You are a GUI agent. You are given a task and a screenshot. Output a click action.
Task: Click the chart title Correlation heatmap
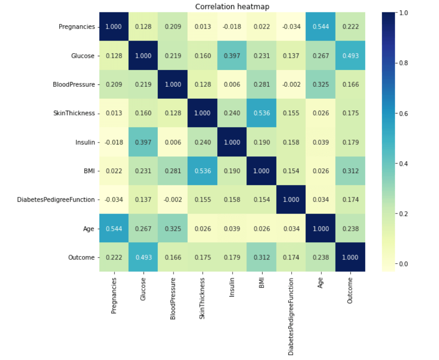[x=232, y=7]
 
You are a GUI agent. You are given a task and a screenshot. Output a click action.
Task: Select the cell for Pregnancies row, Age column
[x=321, y=26]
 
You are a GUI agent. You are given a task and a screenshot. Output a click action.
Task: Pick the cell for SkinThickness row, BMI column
[x=262, y=113]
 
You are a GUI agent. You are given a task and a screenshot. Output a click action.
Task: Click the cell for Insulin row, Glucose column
[x=143, y=142]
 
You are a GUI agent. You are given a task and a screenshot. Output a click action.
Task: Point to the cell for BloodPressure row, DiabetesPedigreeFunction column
[x=291, y=84]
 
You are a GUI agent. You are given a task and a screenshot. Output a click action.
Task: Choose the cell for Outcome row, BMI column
[x=262, y=257]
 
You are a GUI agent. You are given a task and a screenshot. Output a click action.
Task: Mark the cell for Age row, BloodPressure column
[x=173, y=228]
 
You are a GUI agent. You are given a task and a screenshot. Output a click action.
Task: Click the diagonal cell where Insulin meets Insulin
[x=232, y=142]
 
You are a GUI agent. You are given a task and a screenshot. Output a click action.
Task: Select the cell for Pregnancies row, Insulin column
[x=232, y=26]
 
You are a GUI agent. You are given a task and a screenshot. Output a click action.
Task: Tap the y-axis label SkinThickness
[x=75, y=113]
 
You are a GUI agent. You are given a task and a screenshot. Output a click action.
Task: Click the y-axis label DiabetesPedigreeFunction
[x=56, y=199]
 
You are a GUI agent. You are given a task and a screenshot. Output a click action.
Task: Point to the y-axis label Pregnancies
[x=77, y=26]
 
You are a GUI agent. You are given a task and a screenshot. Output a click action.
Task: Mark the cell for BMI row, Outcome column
[x=350, y=170]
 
